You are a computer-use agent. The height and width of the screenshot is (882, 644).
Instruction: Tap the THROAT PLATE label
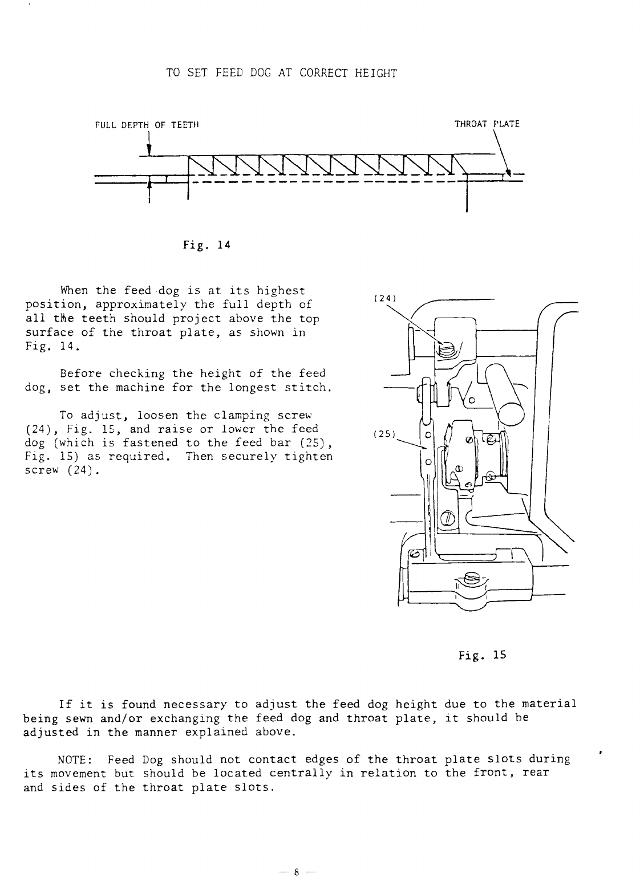[x=487, y=124]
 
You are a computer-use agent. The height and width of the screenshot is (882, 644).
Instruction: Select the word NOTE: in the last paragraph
[x=76, y=759]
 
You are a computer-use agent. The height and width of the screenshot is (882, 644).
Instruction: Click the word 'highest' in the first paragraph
[x=280, y=291]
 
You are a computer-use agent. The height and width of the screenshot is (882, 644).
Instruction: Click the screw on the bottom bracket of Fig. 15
[x=472, y=578]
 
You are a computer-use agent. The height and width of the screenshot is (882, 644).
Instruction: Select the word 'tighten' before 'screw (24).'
[x=310, y=457]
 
